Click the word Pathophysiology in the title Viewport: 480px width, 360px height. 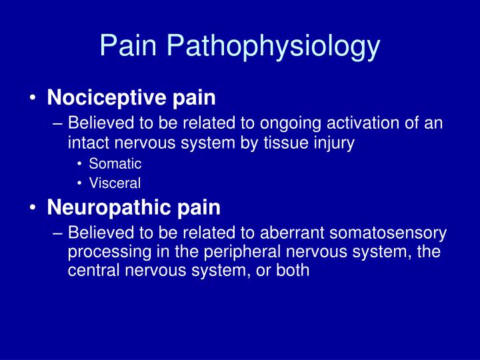[274, 46]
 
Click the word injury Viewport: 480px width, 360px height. [332, 143]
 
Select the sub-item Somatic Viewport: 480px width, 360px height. [115, 163]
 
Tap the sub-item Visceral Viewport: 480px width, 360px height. [115, 183]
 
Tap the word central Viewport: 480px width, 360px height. [91, 271]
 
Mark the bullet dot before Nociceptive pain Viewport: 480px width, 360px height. [33, 99]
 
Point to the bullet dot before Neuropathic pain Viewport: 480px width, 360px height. [33, 208]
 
